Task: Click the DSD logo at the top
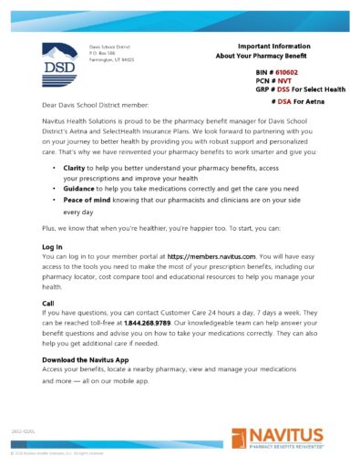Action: click(60, 59)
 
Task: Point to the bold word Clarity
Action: click(77, 168)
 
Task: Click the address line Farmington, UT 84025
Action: click(111, 60)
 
